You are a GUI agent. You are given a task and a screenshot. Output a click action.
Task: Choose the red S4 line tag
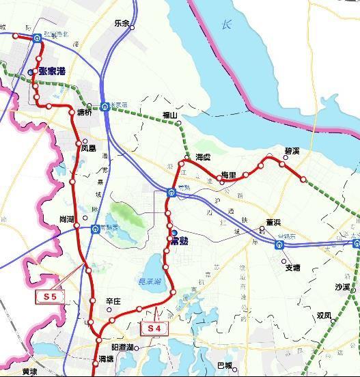pyautogui.click(x=149, y=329)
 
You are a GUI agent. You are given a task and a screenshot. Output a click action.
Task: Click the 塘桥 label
pyautogui.click(x=84, y=113)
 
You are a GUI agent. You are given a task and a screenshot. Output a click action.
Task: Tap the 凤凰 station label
pyautogui.click(x=89, y=148)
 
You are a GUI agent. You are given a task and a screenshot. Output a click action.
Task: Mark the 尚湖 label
pyautogui.click(x=66, y=219)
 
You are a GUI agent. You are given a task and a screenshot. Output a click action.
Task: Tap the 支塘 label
pyautogui.click(x=292, y=268)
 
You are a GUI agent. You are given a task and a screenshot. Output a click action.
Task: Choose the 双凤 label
pyautogui.click(x=324, y=316)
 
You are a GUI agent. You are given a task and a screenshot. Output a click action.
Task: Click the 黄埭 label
pyautogui.click(x=29, y=372)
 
